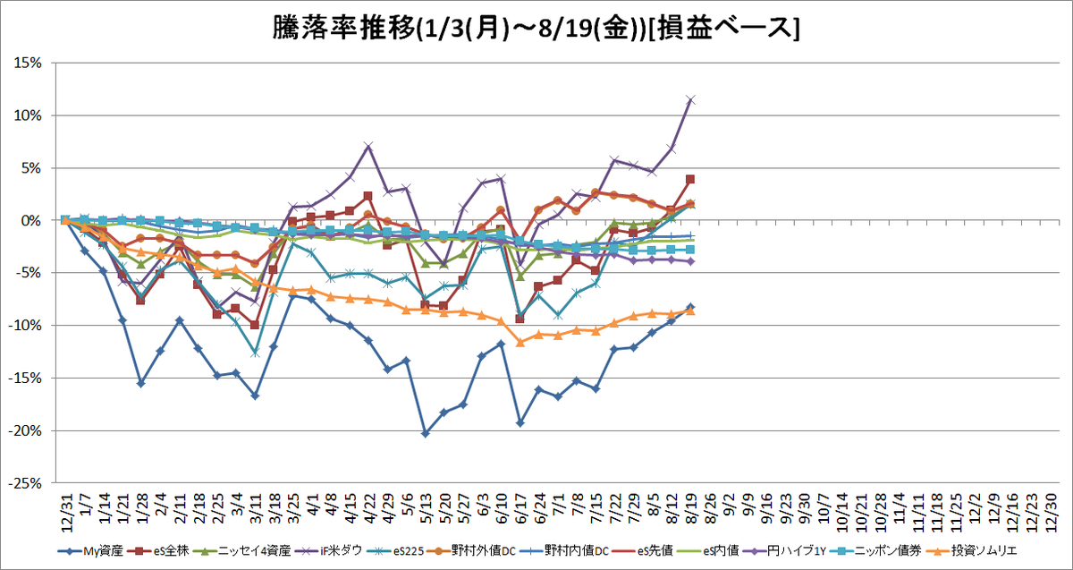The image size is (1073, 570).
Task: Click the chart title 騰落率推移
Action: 343,29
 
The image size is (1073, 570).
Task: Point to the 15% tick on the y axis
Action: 28,63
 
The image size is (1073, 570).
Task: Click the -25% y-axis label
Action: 25,483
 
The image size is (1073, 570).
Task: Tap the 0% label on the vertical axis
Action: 31,220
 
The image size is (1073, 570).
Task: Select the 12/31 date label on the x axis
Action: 67,512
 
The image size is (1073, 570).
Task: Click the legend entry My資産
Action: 90,551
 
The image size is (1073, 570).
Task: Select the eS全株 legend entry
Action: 160,551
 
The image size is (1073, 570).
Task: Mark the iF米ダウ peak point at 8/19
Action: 690,99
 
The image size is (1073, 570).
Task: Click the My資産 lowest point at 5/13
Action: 426,433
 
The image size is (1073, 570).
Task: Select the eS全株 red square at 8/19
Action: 690,179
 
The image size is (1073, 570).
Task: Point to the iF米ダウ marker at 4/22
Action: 368,146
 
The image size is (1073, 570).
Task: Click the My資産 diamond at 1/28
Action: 141,384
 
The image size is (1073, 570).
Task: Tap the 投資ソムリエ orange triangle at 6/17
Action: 520,343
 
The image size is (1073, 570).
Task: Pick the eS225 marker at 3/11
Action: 255,353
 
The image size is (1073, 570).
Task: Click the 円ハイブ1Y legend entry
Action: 786,551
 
